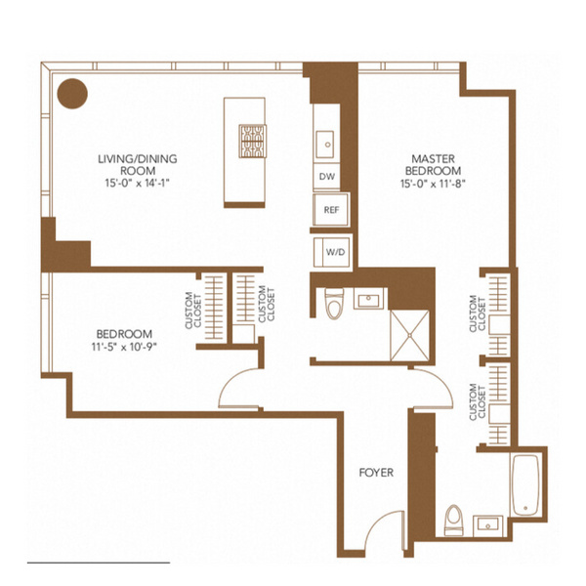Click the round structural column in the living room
point(72,94)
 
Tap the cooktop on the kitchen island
point(252,142)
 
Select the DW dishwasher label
point(327,177)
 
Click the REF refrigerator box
point(331,210)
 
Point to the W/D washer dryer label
point(335,252)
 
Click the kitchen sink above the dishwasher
point(325,145)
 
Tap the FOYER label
point(376,473)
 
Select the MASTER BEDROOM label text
point(433,165)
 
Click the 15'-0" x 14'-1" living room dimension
point(138,184)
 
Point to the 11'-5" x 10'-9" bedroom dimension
point(124,347)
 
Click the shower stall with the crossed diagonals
point(409,336)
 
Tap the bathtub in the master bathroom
point(525,484)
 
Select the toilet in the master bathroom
point(454,520)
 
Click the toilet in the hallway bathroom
point(335,304)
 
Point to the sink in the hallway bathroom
point(369,299)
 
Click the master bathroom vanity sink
point(488,525)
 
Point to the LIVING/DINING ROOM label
point(138,165)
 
